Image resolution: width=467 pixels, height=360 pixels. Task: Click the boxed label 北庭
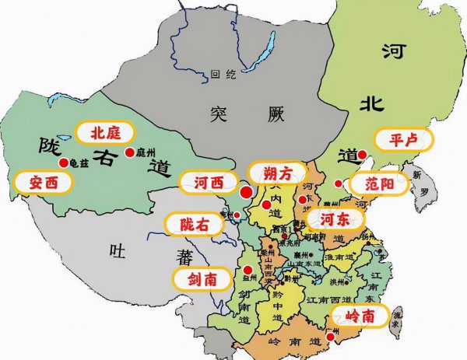pyautogui.click(x=104, y=131)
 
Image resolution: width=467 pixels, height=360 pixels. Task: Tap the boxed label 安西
pyautogui.click(x=44, y=183)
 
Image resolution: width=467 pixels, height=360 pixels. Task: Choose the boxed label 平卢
pyautogui.click(x=400, y=141)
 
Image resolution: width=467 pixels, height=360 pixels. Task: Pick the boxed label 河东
pyautogui.click(x=335, y=217)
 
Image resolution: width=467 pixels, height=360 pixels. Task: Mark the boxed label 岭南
pyautogui.click(x=360, y=316)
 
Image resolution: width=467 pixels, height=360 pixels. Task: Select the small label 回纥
pyautogui.click(x=221, y=75)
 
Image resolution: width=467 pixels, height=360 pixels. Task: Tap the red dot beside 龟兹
pyautogui.click(x=62, y=163)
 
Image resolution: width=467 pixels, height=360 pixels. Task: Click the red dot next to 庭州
pyautogui.click(x=128, y=152)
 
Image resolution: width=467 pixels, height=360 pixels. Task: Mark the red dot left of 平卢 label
pyautogui.click(x=361, y=154)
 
